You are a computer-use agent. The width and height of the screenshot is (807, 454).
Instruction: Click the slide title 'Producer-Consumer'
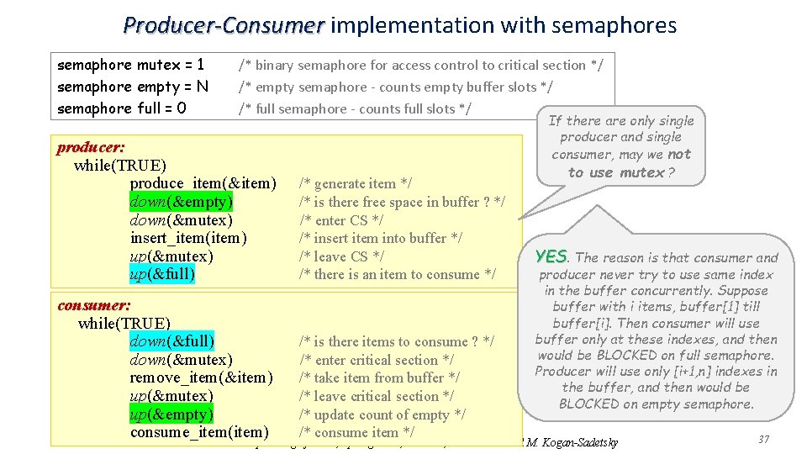click(223, 25)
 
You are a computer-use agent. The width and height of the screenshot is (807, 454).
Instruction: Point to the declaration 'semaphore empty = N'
click(132, 87)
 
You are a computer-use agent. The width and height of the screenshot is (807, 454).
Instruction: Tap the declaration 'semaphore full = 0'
click(122, 108)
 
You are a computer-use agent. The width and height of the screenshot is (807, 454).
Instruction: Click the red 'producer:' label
click(91, 148)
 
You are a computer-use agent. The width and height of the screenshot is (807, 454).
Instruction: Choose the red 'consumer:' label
click(93, 305)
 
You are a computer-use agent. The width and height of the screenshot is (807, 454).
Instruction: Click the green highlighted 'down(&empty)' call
click(182, 202)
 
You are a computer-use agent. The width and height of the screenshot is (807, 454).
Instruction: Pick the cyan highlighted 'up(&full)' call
click(162, 274)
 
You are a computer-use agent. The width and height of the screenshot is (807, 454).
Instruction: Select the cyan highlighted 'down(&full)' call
click(171, 341)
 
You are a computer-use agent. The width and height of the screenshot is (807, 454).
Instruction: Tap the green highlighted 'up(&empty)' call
click(171, 414)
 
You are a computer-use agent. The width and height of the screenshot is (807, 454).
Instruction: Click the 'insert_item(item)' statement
click(188, 238)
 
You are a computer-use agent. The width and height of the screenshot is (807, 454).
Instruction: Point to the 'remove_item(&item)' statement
click(201, 377)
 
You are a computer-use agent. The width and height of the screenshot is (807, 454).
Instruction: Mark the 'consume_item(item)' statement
click(199, 432)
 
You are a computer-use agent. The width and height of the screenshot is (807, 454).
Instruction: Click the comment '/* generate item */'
click(348, 183)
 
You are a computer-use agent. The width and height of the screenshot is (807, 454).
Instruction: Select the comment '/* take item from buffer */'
click(379, 377)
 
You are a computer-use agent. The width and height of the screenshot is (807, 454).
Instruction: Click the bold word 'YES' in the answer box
click(551, 256)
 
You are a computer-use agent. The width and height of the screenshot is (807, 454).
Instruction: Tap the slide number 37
click(763, 440)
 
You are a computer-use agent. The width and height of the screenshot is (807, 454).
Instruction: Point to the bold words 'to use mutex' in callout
click(616, 172)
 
